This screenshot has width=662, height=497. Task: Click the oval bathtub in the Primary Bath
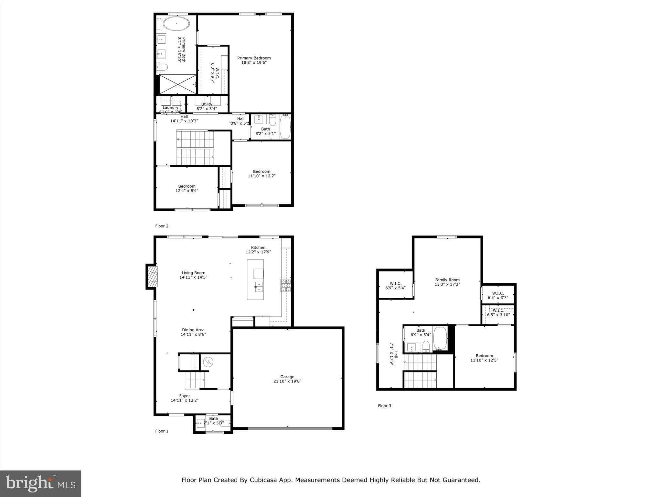tap(176, 24)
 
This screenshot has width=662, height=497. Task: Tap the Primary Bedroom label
tap(254, 58)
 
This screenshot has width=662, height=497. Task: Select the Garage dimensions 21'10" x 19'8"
tap(287, 381)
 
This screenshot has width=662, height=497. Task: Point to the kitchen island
tap(255, 280)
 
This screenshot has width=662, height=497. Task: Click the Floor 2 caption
tap(162, 226)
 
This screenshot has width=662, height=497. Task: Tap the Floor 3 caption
tap(384, 406)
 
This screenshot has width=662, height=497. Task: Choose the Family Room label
tap(447, 280)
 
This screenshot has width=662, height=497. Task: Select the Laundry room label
tap(170, 108)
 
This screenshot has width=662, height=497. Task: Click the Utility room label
tap(207, 104)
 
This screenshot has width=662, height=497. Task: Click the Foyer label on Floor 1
tap(185, 396)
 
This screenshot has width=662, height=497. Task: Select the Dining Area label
tap(193, 330)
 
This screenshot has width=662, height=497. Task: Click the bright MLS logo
tap(40, 484)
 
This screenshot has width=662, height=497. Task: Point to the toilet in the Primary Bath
tap(162, 67)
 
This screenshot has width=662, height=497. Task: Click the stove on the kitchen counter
tap(286, 286)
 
